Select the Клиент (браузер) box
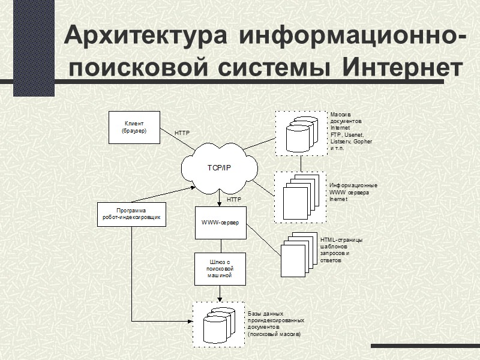[x=134, y=127]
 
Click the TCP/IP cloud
[x=219, y=168]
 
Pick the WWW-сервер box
[x=220, y=223]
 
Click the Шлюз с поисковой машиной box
[x=220, y=268]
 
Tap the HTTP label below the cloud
[x=233, y=199]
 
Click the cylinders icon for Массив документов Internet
[x=301, y=134]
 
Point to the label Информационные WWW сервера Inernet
[x=353, y=192]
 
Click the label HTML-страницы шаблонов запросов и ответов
[x=341, y=250]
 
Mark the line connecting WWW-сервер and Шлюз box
[x=220, y=246]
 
